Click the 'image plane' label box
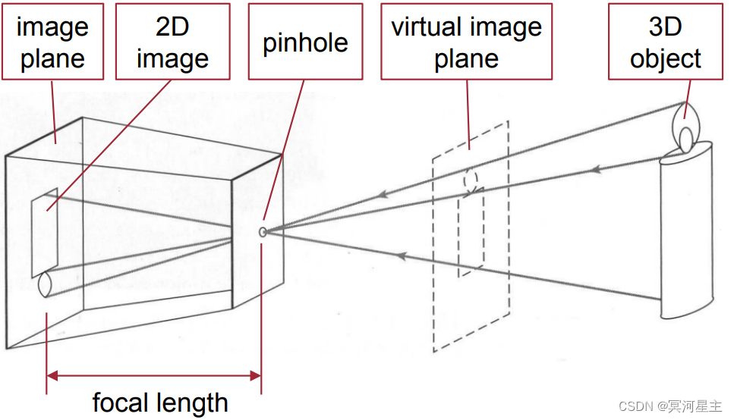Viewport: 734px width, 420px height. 52,42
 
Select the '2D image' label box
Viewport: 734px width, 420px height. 173,42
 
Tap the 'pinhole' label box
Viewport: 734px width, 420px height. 305,42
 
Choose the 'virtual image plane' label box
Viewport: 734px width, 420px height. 466,42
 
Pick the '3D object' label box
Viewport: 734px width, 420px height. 665,42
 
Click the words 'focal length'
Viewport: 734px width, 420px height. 160,403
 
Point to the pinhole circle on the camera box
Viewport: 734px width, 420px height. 263,232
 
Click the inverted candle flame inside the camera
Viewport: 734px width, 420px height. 43,284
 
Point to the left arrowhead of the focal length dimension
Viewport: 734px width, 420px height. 52,374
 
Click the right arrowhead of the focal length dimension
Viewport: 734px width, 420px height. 256,374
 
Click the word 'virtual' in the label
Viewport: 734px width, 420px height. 427,27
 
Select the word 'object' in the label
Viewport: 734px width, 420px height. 665,58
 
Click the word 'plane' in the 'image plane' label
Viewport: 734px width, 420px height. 52,58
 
